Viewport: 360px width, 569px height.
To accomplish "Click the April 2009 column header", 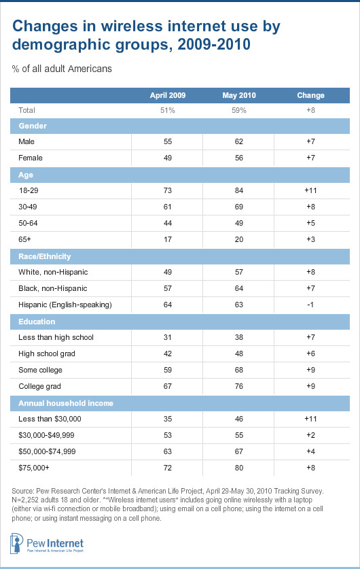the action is point(168,95).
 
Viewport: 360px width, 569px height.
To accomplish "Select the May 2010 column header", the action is point(239,95).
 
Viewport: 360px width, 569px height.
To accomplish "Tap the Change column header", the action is point(310,95).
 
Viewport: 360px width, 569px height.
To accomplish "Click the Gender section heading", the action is point(33,126).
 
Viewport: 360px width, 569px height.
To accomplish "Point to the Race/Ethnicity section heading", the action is point(45,256).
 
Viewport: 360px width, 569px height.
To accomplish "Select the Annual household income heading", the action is point(66,403).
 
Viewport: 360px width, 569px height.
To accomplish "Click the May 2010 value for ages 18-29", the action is point(239,190).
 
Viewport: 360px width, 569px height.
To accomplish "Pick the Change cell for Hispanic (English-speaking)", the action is point(310,305).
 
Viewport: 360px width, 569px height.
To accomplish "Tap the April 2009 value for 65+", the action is point(168,239).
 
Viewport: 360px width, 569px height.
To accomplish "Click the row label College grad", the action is point(39,386).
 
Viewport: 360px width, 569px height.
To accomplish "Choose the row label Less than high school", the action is point(56,337).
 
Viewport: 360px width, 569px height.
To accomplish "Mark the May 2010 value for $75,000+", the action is point(239,468).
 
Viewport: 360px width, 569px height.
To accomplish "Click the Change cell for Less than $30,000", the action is point(310,419).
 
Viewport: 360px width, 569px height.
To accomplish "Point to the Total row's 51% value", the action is point(168,110).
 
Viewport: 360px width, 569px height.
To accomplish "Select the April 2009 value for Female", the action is point(168,158).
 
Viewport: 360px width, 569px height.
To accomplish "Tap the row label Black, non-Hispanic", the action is point(52,288).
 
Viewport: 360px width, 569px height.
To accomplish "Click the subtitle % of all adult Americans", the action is point(62,69).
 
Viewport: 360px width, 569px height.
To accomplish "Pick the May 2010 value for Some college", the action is point(239,370).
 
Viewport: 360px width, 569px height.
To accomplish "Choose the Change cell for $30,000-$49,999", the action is point(310,435).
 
